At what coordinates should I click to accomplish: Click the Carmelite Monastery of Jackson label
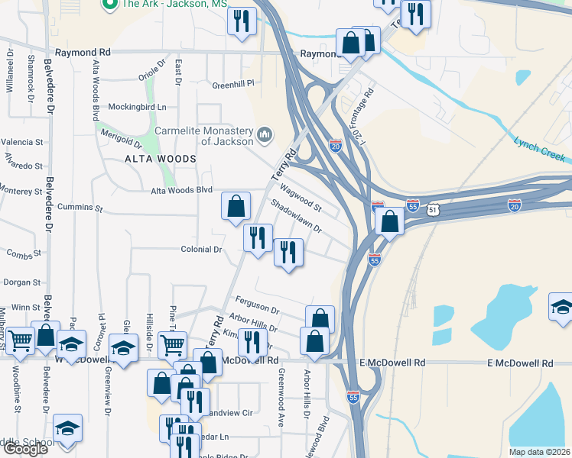pos(204,135)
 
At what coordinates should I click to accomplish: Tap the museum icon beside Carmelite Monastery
pos(265,135)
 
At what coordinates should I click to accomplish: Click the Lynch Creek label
pos(539,150)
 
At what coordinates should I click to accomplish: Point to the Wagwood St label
pos(301,196)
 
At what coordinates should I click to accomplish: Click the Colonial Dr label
pos(201,250)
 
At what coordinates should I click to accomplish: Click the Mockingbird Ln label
pos(137,106)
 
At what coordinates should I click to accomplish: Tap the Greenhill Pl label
pos(232,84)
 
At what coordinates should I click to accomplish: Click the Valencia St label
pos(21,142)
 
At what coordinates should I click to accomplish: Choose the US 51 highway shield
pos(433,208)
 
